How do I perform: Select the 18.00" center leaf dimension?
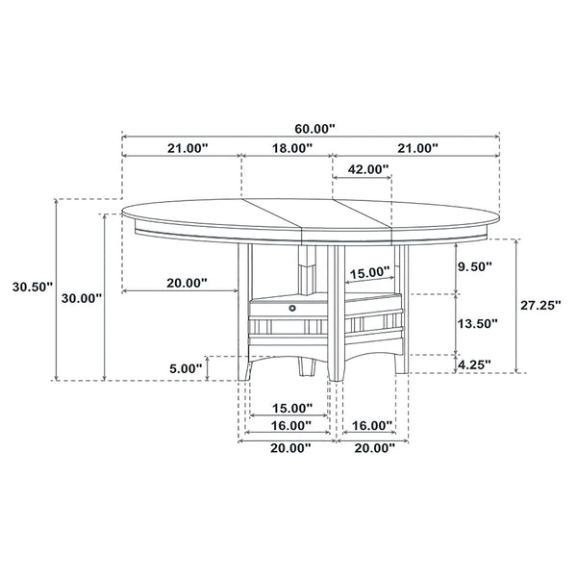291,148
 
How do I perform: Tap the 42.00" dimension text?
367,170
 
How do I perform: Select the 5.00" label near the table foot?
186,367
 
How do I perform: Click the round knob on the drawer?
293,307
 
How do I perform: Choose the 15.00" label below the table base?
289,408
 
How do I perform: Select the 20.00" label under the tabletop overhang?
185,283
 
